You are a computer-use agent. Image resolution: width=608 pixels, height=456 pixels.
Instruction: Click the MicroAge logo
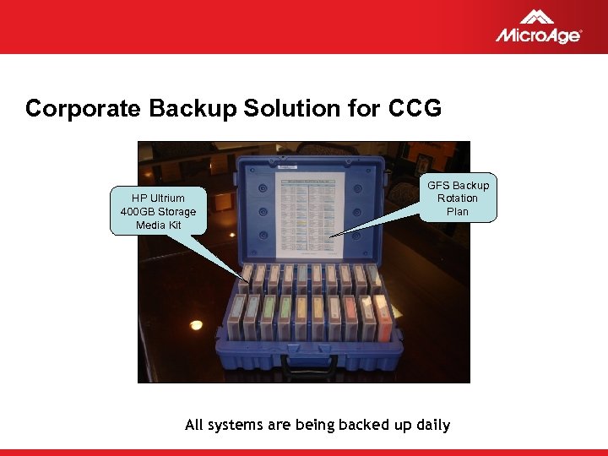pos(538,27)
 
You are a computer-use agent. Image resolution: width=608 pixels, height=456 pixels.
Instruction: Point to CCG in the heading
pos(415,109)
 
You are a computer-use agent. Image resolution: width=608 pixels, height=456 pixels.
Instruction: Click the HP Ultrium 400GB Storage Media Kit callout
pos(158,212)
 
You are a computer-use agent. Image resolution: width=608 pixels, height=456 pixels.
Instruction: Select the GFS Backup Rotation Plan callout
pos(457,198)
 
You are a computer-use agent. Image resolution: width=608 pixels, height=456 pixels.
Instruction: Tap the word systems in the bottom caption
pos(236,425)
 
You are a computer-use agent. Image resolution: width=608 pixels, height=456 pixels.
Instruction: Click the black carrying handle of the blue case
pos(310,364)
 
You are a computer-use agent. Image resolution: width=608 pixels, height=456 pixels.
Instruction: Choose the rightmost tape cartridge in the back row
pos(374,278)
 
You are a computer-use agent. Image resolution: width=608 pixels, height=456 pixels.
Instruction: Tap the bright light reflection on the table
pos(196,325)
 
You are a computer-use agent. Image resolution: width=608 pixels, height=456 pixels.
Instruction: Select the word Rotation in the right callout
pos(458,198)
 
